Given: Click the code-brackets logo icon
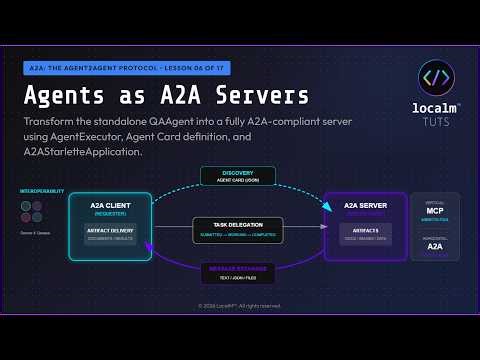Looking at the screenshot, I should (x=436, y=78).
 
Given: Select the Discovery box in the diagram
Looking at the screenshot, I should (x=238, y=176).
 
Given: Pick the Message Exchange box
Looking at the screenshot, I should (x=238, y=272).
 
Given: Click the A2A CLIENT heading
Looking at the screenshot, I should (x=112, y=204).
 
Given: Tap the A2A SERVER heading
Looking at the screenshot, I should (x=364, y=204).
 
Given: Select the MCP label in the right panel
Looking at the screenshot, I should (x=435, y=212).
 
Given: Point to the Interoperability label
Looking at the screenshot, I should (x=39, y=190).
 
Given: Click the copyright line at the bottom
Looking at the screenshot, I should (x=240, y=305).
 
